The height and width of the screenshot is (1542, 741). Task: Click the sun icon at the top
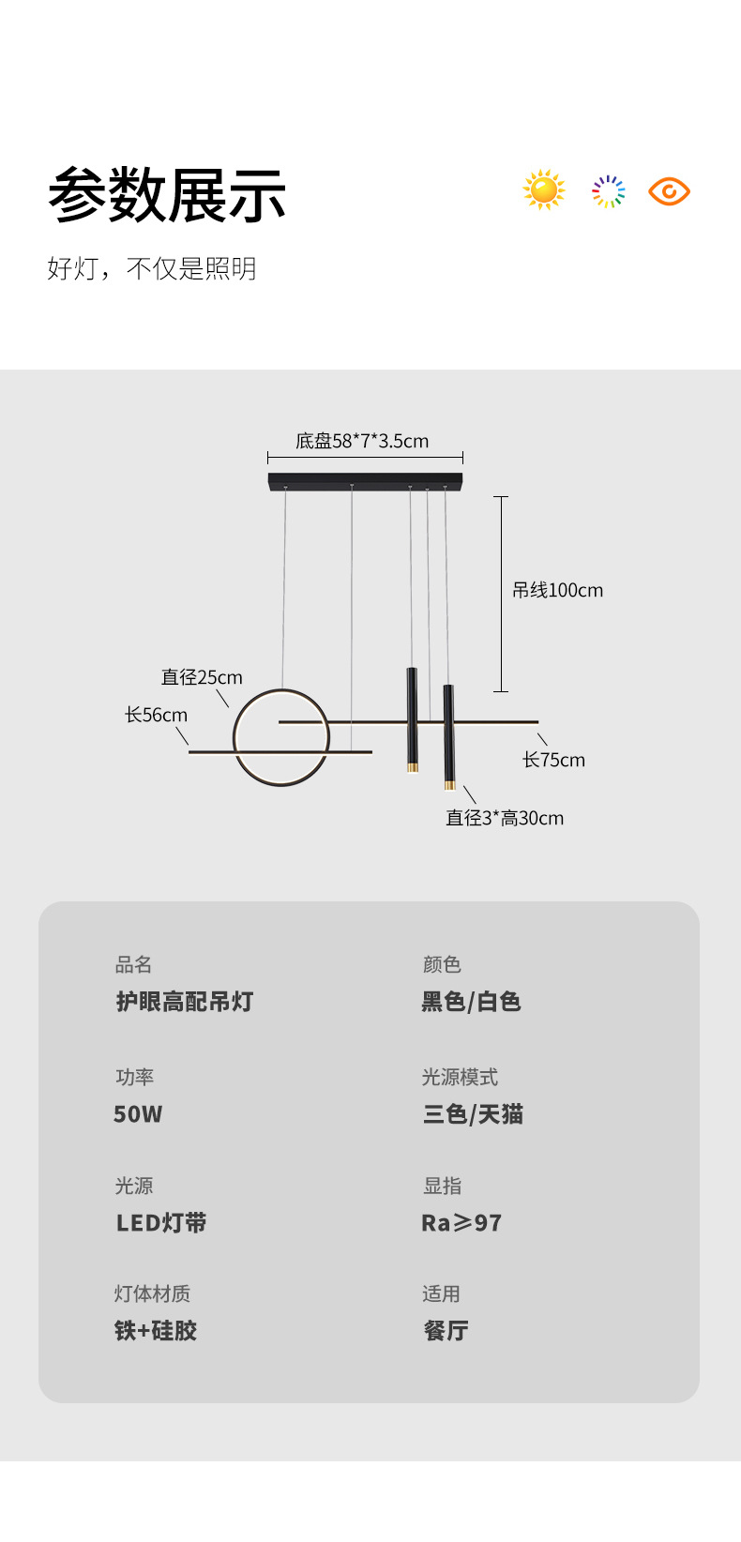point(544,190)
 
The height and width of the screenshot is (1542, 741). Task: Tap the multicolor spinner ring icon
point(608,191)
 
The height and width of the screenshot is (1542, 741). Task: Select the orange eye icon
point(669,191)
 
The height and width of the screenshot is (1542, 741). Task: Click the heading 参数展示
point(167,195)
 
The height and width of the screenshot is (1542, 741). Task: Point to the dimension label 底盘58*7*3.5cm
point(362,441)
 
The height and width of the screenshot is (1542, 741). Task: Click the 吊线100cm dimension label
point(557,590)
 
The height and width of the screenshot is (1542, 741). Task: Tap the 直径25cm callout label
point(202,677)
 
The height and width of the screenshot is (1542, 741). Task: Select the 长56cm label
point(157,715)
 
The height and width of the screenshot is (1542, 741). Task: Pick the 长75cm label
point(553,760)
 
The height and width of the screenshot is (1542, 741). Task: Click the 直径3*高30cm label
point(505,818)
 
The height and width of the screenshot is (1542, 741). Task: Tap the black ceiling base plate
point(365,480)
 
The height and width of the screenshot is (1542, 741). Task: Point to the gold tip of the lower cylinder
point(449,784)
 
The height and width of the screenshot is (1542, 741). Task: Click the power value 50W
point(138,1114)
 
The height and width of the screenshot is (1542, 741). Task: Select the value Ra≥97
point(461,1223)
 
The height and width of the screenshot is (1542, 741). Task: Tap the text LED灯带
point(161,1223)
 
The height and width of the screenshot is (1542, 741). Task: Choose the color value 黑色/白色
point(471,1002)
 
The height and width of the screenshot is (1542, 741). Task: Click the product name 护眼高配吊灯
point(185,1002)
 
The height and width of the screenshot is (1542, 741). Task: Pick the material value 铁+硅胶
point(156,1331)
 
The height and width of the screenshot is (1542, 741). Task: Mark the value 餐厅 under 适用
point(446,1331)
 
